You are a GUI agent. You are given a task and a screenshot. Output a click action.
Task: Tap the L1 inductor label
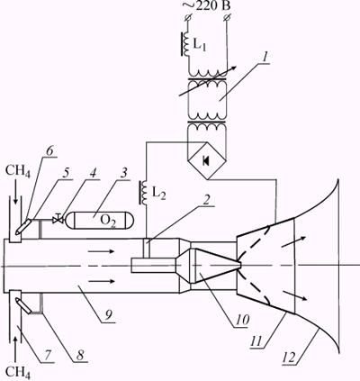[199, 45]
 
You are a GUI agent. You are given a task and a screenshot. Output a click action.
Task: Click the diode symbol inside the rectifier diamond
[206, 161]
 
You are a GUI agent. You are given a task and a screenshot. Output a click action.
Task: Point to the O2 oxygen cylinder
[100, 221]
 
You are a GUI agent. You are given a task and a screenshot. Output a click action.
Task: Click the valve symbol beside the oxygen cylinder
[58, 220]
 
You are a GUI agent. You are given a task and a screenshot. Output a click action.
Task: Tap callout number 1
[264, 58]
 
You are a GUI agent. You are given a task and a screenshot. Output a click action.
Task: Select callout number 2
[205, 200]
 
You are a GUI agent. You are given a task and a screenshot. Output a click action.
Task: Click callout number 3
[123, 174]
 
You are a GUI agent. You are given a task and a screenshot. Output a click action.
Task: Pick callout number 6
[49, 151]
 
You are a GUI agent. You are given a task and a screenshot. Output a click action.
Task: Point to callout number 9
[108, 315]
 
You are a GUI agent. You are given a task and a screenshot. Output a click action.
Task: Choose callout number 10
[242, 321]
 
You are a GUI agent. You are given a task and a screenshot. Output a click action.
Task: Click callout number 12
[291, 358]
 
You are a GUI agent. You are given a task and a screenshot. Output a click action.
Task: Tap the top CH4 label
[18, 172]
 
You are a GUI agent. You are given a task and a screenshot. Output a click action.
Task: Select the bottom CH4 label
[18, 372]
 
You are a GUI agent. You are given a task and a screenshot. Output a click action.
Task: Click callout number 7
[48, 355]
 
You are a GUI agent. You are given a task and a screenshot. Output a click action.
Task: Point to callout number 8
[80, 356]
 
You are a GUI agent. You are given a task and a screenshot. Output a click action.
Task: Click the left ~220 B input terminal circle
[188, 18]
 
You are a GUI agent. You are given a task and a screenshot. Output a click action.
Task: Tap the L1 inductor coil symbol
[185, 44]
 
